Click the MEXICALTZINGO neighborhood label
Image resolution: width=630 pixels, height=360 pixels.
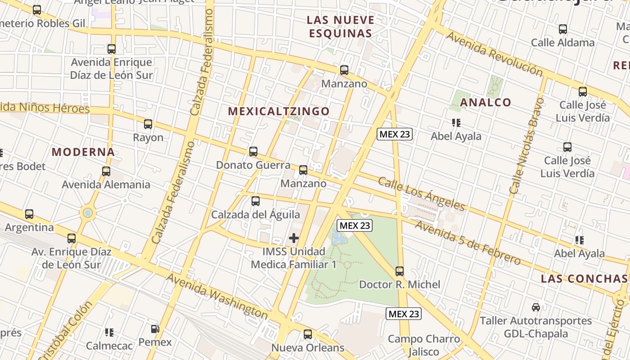[x=279, y=111]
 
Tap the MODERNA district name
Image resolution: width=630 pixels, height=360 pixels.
[x=83, y=152]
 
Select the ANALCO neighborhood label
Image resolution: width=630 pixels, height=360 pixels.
[x=486, y=102]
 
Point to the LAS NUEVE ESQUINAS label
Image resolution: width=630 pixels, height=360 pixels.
[x=340, y=27]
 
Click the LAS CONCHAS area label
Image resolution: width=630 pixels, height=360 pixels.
[x=585, y=279]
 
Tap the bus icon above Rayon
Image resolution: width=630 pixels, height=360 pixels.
[x=148, y=124]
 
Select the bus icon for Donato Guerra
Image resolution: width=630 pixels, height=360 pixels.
[x=253, y=152]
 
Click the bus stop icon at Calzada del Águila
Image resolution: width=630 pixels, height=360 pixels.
[x=256, y=201]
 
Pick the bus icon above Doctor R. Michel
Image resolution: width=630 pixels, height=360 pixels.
[x=400, y=271]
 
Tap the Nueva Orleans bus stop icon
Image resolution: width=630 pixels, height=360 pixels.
[x=308, y=334]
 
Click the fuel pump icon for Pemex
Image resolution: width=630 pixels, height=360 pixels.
[x=155, y=329]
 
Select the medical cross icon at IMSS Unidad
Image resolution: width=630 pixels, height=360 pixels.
[x=294, y=238]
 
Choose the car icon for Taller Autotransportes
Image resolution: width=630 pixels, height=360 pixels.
[x=535, y=307]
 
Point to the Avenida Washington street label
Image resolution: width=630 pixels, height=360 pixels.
[x=217, y=296]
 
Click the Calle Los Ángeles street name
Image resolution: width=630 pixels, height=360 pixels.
[x=421, y=193]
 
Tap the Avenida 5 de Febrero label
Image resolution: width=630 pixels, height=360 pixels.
[x=468, y=242]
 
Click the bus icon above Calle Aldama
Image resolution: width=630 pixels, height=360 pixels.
[x=562, y=29]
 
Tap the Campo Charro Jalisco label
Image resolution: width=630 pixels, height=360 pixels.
[x=424, y=345]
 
